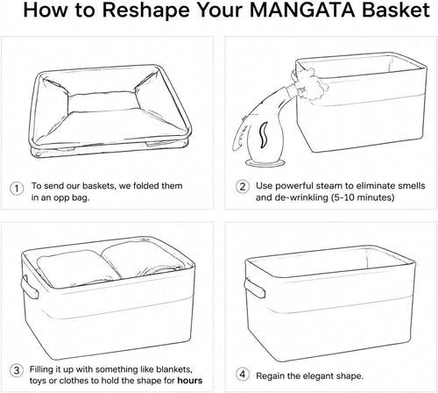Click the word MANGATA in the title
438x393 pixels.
(x=302, y=10)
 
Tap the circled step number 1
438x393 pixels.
(x=17, y=189)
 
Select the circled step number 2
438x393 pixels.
(x=243, y=187)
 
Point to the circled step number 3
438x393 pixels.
(x=17, y=371)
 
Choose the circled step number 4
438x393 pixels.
(x=243, y=375)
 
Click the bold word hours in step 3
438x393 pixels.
(x=190, y=381)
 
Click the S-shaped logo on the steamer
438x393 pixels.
(x=264, y=134)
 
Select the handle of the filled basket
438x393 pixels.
(x=29, y=288)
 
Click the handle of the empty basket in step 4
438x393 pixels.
(x=254, y=289)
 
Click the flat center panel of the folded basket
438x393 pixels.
(x=102, y=103)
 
